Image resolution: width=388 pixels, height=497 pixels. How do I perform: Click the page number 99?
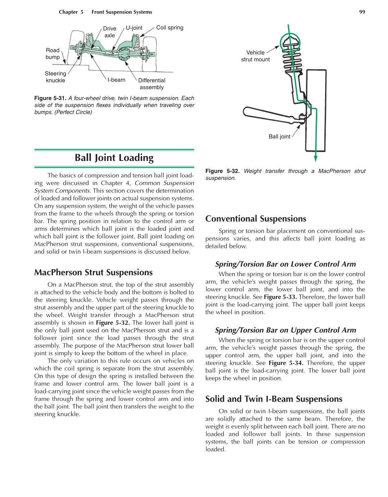362,12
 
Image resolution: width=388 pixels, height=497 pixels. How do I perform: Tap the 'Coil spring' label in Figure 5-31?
169,28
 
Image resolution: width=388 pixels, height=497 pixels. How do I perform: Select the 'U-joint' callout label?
134,28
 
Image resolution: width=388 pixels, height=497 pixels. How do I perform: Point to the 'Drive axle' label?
110,32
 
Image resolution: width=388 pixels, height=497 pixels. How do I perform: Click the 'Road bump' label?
53,54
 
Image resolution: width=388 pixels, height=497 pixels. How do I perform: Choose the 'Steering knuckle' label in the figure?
55,77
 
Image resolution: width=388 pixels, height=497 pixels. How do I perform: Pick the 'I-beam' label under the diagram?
116,80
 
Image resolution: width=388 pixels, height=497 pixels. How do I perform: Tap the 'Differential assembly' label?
152,84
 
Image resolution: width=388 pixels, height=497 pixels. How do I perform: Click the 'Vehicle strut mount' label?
255,56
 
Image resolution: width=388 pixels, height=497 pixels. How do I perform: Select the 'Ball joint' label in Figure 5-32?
279,136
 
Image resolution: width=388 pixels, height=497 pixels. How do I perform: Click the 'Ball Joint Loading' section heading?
114,158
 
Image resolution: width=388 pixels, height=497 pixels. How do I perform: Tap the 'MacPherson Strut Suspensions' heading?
93,272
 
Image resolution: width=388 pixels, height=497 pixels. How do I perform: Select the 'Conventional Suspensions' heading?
256,219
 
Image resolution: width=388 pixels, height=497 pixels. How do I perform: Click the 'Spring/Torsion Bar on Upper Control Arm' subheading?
285,330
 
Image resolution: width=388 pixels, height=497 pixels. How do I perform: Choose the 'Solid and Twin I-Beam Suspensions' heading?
274,399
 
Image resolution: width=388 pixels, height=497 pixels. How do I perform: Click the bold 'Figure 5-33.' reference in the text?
280,297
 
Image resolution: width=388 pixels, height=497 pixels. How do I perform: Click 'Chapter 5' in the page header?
71,12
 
